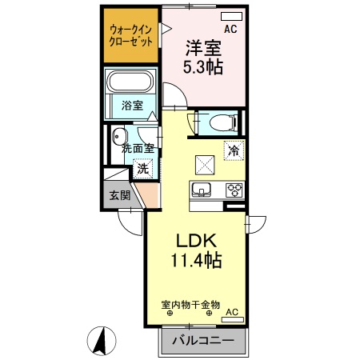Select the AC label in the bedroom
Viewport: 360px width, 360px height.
tap(230, 30)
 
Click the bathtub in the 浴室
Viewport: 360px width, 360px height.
tap(130, 82)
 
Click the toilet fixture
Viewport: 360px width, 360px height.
tap(221, 122)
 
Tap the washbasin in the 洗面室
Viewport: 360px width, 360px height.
tap(119, 135)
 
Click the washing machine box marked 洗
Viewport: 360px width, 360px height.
tap(142, 169)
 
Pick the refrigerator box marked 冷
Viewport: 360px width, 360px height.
tap(234, 150)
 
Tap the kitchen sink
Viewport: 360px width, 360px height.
tap(200, 190)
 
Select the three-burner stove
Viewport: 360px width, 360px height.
tap(234, 190)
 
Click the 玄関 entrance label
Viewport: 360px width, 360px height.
tap(119, 194)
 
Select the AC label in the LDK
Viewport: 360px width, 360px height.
tap(232, 311)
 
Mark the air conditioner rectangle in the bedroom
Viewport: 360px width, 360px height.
tap(226, 15)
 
